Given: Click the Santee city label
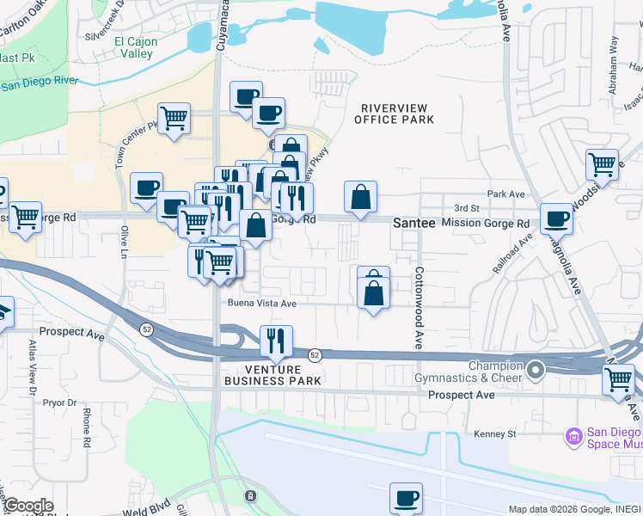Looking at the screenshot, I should click(408, 223).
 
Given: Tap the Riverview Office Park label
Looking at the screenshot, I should click(395, 113).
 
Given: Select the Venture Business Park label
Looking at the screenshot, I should click(273, 374).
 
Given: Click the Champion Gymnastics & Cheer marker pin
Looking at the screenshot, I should click(536, 371).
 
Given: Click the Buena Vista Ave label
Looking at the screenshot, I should click(261, 304).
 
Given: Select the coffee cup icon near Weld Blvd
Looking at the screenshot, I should click(406, 498).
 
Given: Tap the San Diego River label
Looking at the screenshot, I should click(39, 84).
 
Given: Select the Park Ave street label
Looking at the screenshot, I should click(505, 194).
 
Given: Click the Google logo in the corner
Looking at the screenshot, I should click(28, 506).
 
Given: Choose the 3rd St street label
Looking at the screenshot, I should click(466, 208).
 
